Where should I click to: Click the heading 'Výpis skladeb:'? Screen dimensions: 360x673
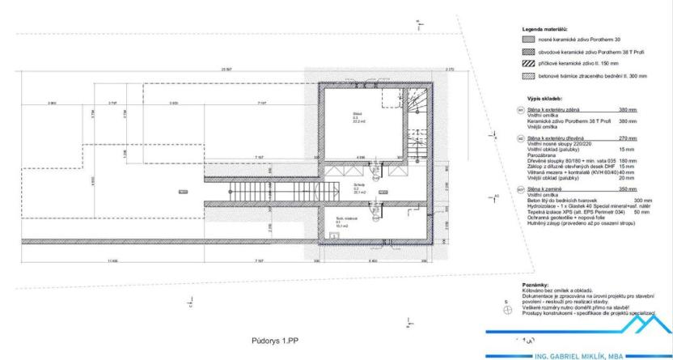[x=544, y=99]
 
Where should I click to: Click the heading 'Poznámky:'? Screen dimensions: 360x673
[x=535, y=286]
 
